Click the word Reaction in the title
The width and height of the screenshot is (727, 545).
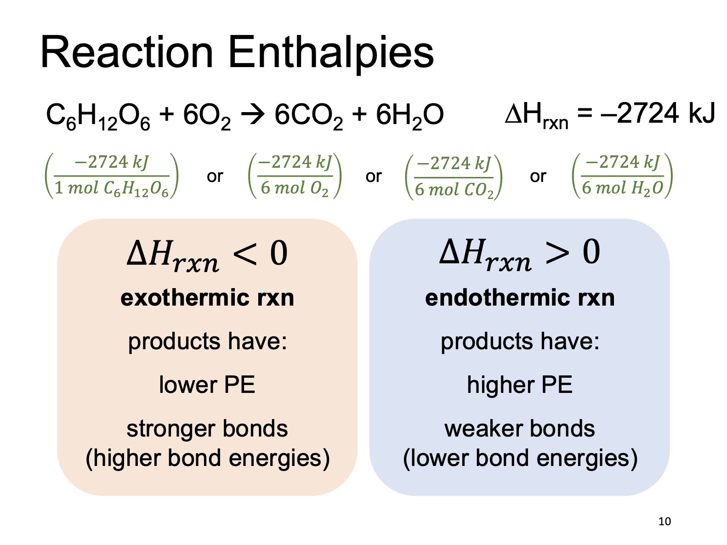click(x=126, y=52)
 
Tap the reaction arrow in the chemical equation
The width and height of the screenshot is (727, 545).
click(x=253, y=114)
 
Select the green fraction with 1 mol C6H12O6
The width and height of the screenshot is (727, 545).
click(x=112, y=176)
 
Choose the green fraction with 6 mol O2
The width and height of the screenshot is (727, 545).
click(x=295, y=176)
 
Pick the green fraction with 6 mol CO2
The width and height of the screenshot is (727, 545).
click(x=454, y=177)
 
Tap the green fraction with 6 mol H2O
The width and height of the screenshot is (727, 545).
click(x=623, y=176)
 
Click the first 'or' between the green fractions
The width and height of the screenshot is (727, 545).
click(x=215, y=176)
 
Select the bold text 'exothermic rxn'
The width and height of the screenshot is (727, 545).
click(x=207, y=298)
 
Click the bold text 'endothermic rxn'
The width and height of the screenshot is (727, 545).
click(x=520, y=298)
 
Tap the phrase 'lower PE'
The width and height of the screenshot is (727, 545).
click(x=207, y=385)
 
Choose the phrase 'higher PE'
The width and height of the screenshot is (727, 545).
click(x=520, y=385)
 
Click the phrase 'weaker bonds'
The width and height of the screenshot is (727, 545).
click(x=520, y=428)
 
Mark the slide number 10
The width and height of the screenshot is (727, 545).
click(x=665, y=522)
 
